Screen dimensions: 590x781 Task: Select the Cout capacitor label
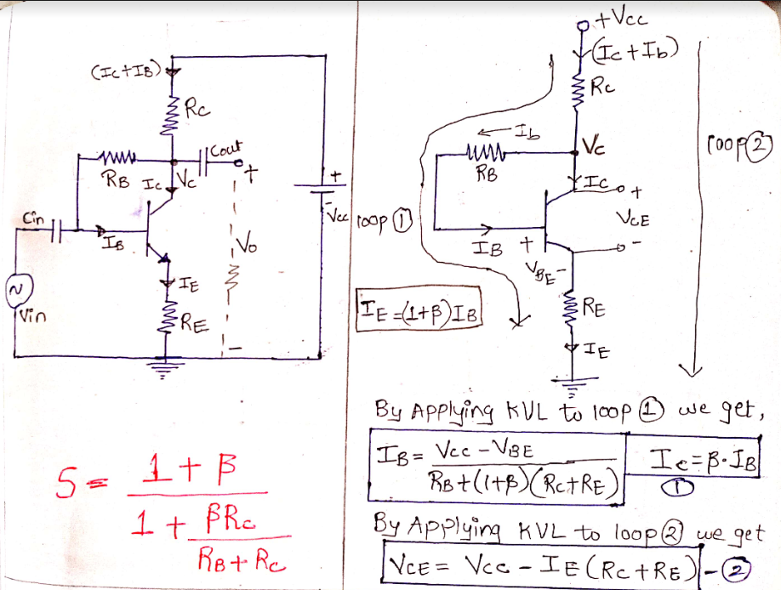(x=225, y=146)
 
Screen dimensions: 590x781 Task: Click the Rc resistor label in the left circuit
(x=197, y=109)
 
